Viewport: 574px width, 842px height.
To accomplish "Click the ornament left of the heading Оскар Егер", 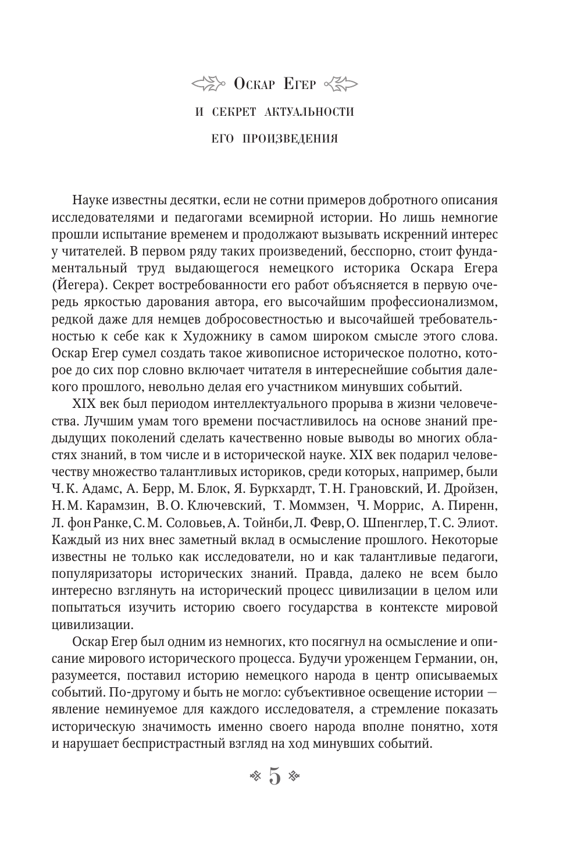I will tap(208, 84).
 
